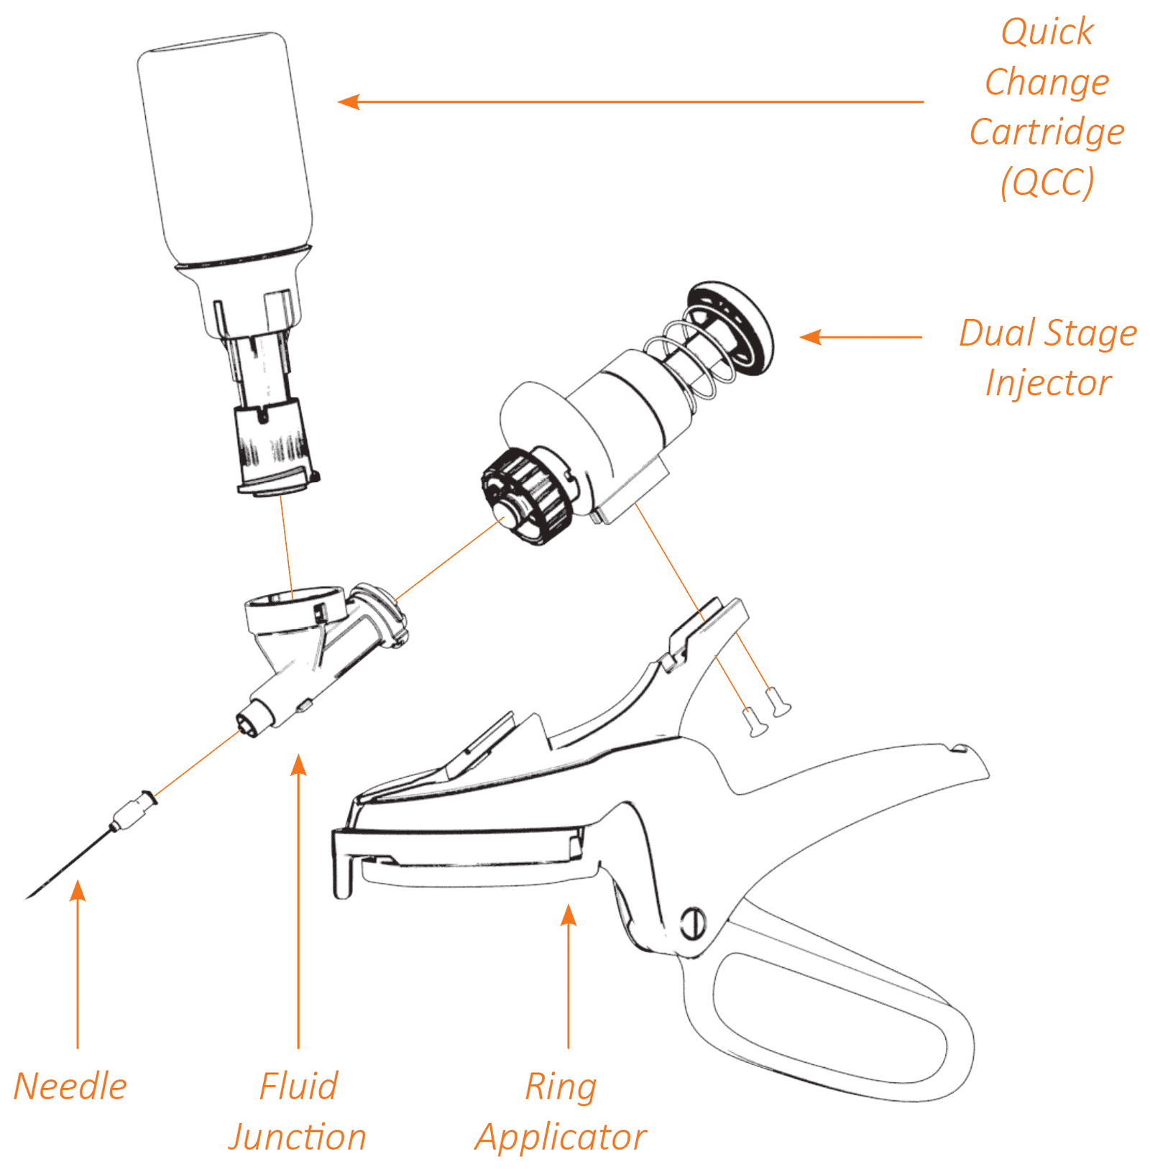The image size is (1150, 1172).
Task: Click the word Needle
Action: pyautogui.click(x=70, y=1086)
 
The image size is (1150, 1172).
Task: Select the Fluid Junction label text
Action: pyautogui.click(x=298, y=1111)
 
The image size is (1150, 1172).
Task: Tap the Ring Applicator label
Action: pyautogui.click(x=561, y=1111)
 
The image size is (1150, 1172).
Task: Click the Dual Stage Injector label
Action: pyautogui.click(x=1048, y=357)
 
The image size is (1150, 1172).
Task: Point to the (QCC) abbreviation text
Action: pyautogui.click(x=1047, y=182)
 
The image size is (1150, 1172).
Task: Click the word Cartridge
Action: pyautogui.click(x=1046, y=132)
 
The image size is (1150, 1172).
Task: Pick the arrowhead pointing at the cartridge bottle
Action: pyautogui.click(x=348, y=102)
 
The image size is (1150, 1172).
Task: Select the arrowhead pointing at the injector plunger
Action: pyautogui.click(x=810, y=336)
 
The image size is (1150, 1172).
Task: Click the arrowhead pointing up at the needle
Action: pyautogui.click(x=78, y=890)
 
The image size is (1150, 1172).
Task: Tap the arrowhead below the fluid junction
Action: pyautogui.click(x=298, y=765)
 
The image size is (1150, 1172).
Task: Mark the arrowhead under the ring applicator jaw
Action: pyautogui.click(x=569, y=915)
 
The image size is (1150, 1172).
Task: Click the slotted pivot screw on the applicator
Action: pyautogui.click(x=692, y=923)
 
